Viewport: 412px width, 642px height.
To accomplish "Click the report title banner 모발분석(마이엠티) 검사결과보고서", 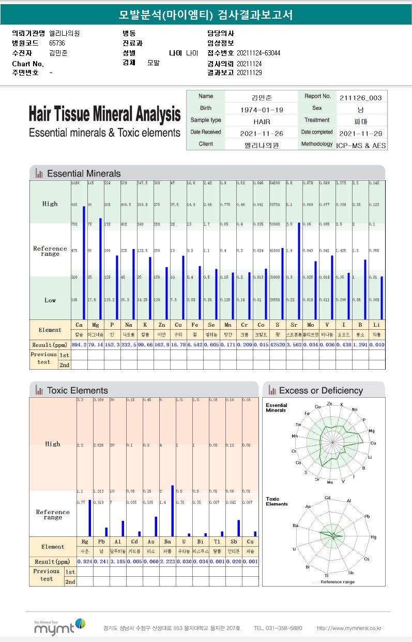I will tap(206, 15).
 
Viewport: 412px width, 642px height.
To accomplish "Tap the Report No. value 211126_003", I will tap(361, 97).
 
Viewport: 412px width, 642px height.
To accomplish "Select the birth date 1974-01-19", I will tap(262, 110).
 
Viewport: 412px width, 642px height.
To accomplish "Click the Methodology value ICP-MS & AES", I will tap(361, 145).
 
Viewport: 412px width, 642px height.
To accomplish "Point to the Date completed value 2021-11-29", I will tap(361, 133).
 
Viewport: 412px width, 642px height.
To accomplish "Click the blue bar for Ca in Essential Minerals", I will tap(84, 262).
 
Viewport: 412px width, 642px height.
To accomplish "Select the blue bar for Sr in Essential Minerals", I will tap(299, 271).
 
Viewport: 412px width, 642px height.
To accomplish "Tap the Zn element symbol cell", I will tap(161, 325).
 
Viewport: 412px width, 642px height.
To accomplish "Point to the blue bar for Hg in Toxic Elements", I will tap(90, 518).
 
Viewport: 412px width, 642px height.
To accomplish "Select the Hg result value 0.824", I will tap(84, 561).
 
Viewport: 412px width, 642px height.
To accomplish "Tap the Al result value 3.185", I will tap(118, 561).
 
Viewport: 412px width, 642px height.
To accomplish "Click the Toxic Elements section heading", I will tap(78, 390).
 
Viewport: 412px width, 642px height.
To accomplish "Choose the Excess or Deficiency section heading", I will tap(321, 390).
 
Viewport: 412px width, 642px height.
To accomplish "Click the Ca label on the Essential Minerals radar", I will tap(373, 443).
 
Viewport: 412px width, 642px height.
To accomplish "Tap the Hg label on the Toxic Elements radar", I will tap(374, 537).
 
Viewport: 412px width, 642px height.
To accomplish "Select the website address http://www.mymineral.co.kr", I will tap(349, 628).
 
